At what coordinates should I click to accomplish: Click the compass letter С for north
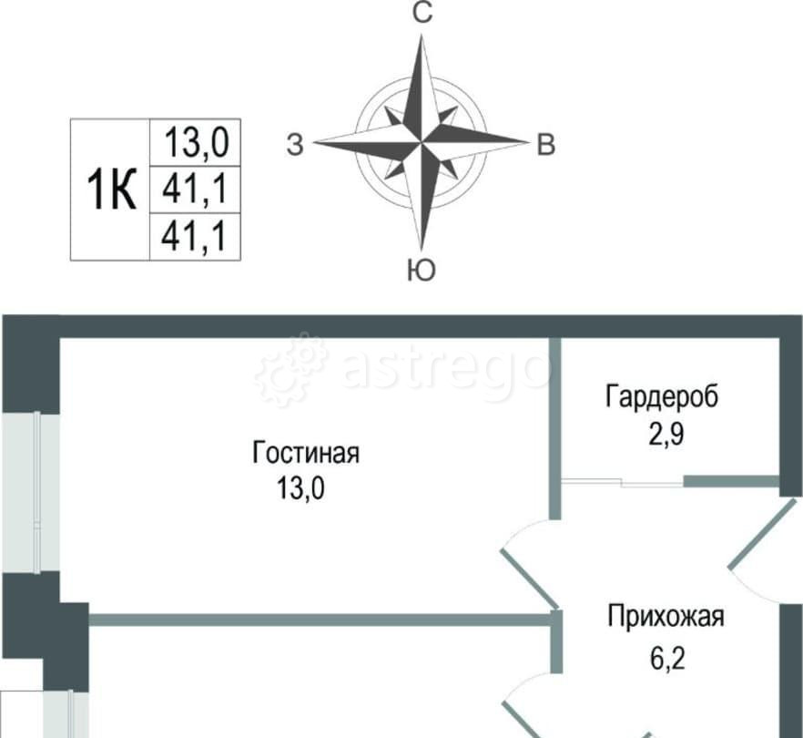[x=421, y=13]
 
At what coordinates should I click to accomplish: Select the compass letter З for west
[x=294, y=144]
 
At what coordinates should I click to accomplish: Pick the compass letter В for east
[x=544, y=144]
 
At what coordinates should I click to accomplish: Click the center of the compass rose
[x=421, y=142]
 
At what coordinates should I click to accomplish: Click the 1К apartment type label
[x=111, y=190]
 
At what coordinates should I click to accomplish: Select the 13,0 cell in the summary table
[x=195, y=142]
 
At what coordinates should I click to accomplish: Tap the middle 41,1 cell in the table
[x=195, y=190]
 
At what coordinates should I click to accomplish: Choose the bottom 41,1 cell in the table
[x=195, y=237]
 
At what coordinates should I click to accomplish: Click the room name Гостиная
[x=307, y=453]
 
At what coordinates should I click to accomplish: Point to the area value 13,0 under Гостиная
[x=301, y=489]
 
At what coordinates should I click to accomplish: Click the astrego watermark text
[x=446, y=369]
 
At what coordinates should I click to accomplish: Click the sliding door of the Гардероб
[x=623, y=482]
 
